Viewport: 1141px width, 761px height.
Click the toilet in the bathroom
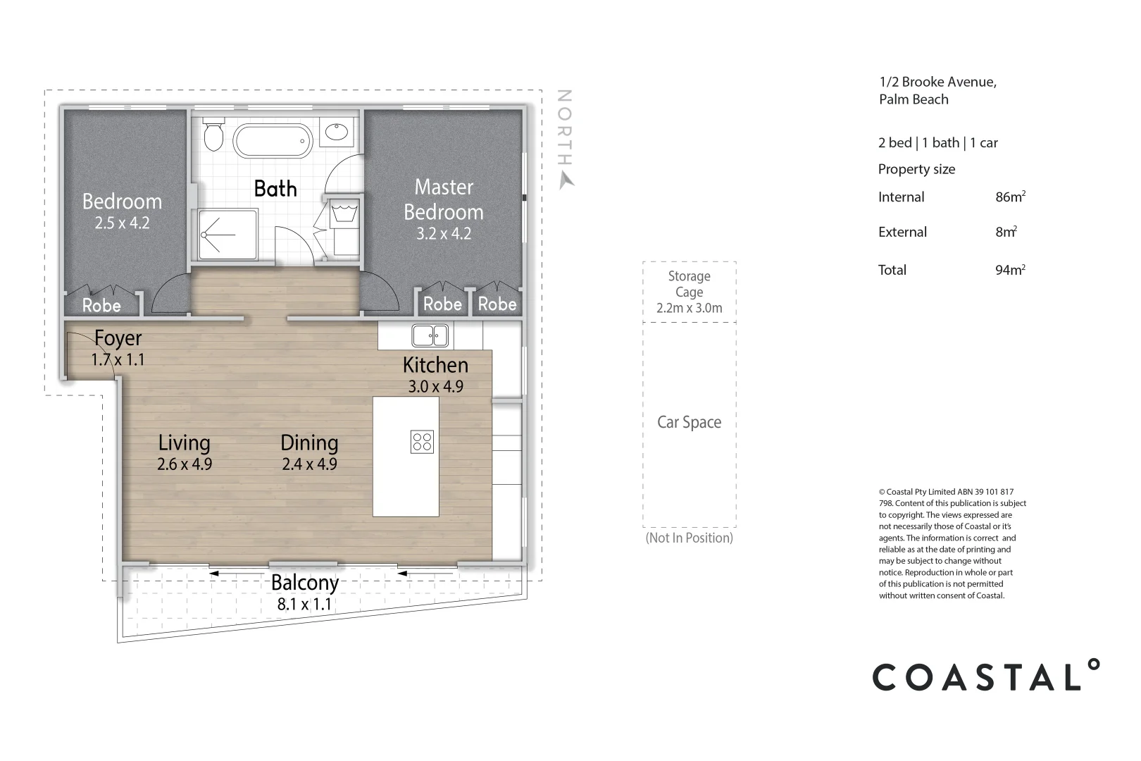tap(213, 133)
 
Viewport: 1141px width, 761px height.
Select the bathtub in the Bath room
tap(272, 141)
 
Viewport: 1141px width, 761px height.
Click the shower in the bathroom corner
tap(227, 234)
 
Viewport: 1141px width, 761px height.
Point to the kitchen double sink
tap(430, 335)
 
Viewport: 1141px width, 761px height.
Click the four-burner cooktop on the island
tap(423, 442)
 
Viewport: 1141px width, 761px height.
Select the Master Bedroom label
tap(444, 199)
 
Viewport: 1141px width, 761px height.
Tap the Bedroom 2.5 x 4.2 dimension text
tap(123, 223)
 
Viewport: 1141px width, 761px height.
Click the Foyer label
tap(118, 338)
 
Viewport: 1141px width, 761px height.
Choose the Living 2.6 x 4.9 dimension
tap(185, 464)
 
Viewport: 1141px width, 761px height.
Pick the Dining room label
tap(309, 443)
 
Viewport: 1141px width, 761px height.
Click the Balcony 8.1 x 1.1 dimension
tap(304, 604)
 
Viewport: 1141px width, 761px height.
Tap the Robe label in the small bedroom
tap(101, 306)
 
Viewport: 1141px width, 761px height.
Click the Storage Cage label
tap(689, 284)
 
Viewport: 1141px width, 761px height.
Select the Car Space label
tap(689, 422)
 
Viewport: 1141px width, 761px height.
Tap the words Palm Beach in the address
tap(914, 99)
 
